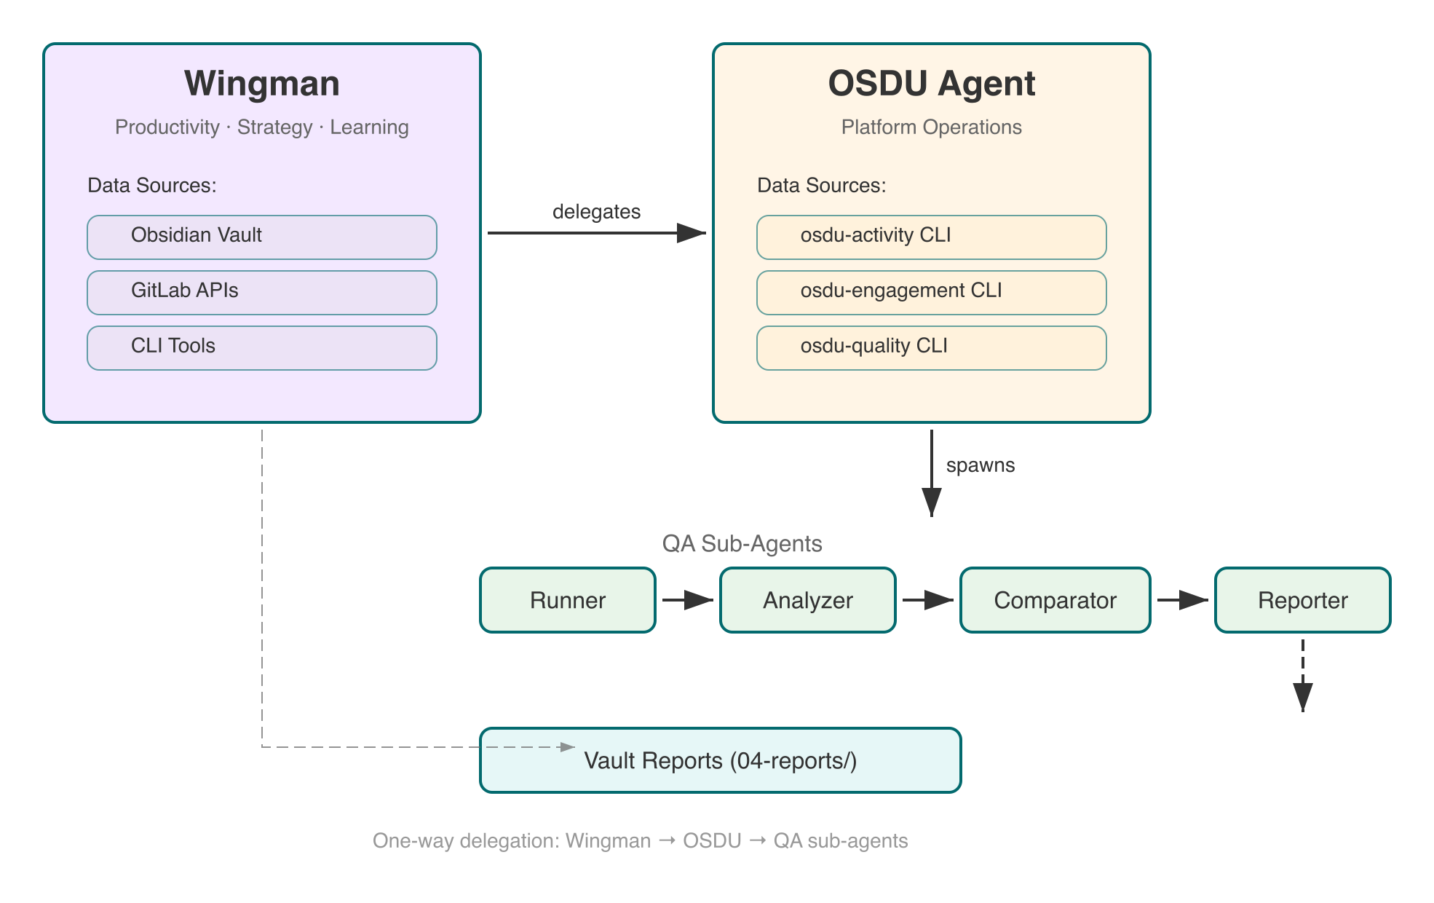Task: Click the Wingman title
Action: coord(261,83)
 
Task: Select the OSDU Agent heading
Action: coord(931,83)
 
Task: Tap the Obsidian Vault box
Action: coord(261,237)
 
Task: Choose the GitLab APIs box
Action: coord(261,292)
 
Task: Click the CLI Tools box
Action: coord(261,347)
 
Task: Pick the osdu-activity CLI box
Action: coord(931,237)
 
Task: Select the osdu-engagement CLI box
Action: coord(931,292)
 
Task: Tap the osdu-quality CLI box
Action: coord(931,347)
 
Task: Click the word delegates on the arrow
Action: coord(596,212)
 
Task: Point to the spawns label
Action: coord(980,465)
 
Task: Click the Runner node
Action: coord(567,600)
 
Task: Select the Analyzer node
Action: coord(807,600)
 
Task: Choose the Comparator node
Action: coord(1055,600)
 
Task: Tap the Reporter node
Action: coord(1302,600)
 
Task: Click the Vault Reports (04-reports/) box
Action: coord(720,760)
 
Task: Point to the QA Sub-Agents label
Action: coord(742,543)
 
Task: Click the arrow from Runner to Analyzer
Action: coord(687,600)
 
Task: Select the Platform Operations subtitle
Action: coord(931,127)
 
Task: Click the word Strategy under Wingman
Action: coord(274,127)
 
